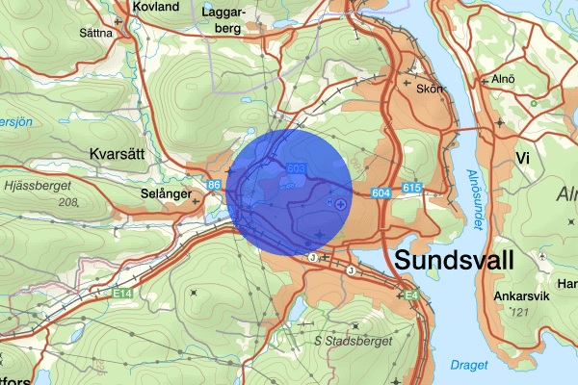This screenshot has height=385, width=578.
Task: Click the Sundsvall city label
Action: click(454, 261)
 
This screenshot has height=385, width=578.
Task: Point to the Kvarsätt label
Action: click(118, 154)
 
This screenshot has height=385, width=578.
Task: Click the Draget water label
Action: click(468, 364)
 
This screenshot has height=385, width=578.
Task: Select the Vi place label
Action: click(524, 158)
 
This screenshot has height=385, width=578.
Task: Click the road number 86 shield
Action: click(214, 183)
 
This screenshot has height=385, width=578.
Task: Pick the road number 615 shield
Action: click(412, 187)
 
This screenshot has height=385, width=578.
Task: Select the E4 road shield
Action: click(410, 294)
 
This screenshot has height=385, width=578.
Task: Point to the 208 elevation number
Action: click(66, 203)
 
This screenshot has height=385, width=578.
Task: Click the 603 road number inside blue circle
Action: click(296, 169)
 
